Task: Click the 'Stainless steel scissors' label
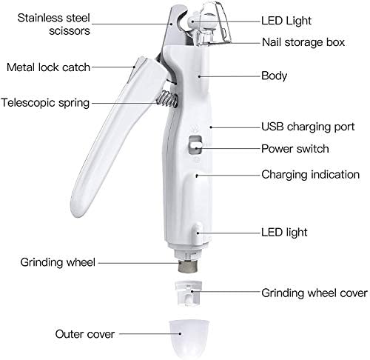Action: point(53,24)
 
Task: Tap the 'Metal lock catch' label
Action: point(48,67)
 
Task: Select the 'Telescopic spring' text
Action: point(45,103)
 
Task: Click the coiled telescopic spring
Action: point(167,99)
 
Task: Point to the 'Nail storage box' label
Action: point(303,42)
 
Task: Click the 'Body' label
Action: point(274,76)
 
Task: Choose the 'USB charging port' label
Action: point(308,127)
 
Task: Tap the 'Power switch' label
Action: point(295,149)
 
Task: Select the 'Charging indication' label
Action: point(310,175)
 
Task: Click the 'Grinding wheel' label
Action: point(58,262)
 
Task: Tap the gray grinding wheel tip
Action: point(188,266)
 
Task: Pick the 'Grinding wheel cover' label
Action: point(314,293)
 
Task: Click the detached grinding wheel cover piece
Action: point(189,293)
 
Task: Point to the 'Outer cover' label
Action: point(85,334)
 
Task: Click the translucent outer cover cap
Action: point(189,339)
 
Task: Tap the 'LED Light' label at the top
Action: point(286,21)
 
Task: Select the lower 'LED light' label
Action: point(284,233)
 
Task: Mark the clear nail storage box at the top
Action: point(212,24)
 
